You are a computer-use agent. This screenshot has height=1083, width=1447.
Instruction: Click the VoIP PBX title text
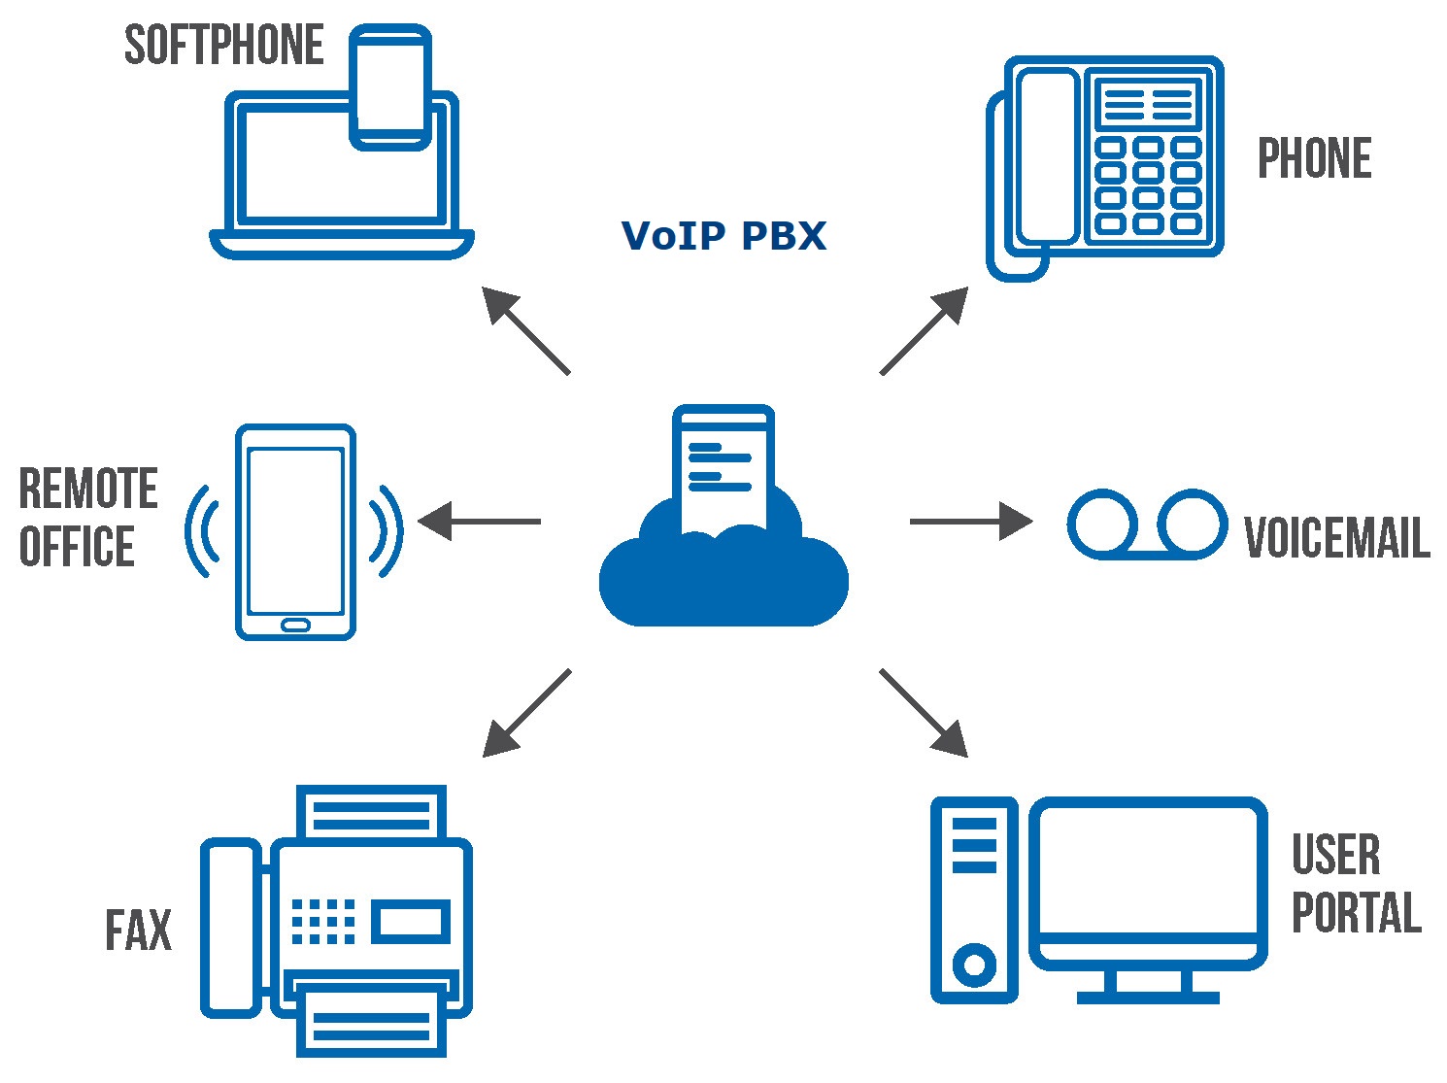click(x=723, y=235)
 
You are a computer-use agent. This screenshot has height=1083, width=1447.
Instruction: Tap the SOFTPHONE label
click(x=224, y=45)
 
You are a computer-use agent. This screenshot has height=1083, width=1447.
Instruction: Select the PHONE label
click(x=1315, y=158)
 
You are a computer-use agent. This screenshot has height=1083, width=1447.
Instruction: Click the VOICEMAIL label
click(x=1337, y=537)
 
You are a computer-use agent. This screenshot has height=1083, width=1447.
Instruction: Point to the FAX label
click(x=139, y=930)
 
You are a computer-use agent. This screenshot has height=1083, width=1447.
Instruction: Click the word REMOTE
click(x=88, y=489)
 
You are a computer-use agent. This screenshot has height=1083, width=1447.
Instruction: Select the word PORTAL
click(x=1357, y=912)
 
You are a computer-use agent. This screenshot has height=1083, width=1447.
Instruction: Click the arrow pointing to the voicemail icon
click(x=971, y=522)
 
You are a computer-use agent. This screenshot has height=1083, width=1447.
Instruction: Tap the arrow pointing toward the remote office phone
click(x=479, y=522)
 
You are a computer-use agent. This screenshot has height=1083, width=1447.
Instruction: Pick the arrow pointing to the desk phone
click(x=925, y=331)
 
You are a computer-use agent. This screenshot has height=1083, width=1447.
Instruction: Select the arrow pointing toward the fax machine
click(x=526, y=713)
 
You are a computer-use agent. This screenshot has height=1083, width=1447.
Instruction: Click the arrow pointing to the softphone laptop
click(x=526, y=331)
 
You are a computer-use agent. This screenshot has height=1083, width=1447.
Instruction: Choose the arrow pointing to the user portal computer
click(x=924, y=713)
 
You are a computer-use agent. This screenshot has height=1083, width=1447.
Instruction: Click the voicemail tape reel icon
click(x=1147, y=525)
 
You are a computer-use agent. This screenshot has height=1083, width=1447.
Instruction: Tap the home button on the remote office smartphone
click(x=295, y=625)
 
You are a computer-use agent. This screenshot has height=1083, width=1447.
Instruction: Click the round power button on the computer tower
click(x=974, y=965)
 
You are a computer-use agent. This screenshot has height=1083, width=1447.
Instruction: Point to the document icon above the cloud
click(x=723, y=469)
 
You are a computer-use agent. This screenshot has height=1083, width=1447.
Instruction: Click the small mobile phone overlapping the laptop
click(x=390, y=87)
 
